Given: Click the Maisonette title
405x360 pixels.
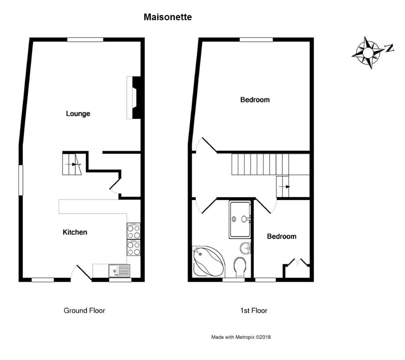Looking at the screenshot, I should coord(168,17).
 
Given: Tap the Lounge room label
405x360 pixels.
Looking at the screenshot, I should coord(78,114).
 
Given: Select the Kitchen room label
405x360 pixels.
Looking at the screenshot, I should coord(75,232).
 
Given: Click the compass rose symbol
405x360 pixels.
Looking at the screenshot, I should coord(367,53).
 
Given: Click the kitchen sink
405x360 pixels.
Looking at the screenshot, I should coord(119,270).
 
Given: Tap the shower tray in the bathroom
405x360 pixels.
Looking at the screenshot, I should coord(239,219).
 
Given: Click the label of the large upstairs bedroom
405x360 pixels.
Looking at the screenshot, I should coord(255,100).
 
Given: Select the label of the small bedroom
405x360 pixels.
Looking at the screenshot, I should coord(281,236).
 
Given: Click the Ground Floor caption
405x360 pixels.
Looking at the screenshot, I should coord(84,311).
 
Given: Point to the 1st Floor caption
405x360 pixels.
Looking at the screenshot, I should coord(253,311).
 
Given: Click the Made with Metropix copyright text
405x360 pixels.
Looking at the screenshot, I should coord(241,337).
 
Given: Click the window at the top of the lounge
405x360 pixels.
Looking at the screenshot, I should coord(85,40).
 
